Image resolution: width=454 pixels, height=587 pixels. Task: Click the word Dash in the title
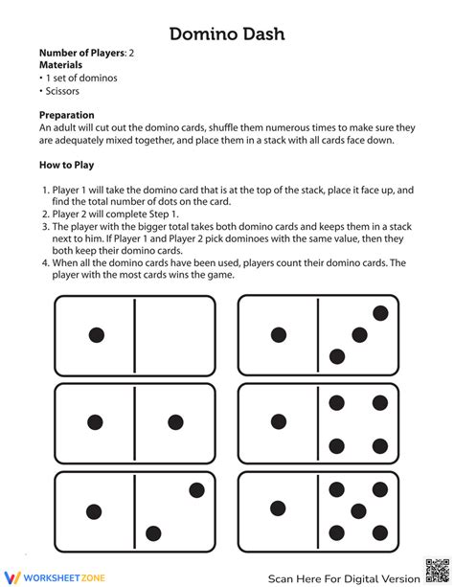coord(260,34)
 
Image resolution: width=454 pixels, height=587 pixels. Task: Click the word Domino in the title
coord(198,34)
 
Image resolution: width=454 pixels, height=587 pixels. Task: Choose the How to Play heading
coord(68,164)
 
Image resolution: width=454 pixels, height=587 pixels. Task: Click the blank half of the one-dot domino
coord(174,335)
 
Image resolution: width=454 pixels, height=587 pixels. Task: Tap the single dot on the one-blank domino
coord(96,335)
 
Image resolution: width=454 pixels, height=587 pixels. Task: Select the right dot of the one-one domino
coord(175,422)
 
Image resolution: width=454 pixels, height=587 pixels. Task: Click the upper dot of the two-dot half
coord(196,490)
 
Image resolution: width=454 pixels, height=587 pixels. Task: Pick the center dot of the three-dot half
coord(359,334)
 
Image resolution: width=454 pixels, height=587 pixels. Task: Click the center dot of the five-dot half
coord(359,510)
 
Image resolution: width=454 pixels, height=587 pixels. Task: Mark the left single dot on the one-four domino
coord(279,422)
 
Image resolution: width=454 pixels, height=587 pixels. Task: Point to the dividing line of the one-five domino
coord(318,510)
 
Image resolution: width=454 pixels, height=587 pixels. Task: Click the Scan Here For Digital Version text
coord(342,577)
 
